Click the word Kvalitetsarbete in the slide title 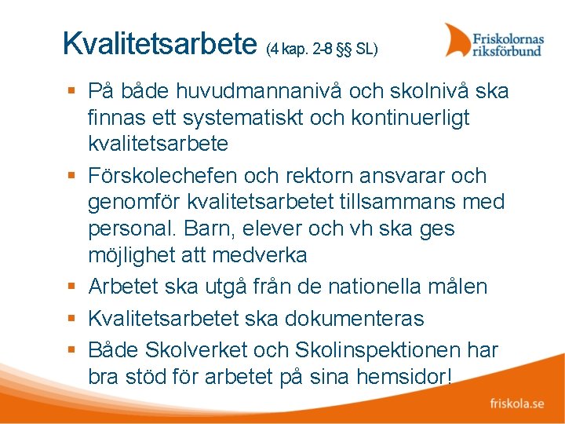160,44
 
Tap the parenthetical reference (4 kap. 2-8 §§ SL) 322,49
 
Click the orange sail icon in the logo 457,40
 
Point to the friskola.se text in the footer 517,404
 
